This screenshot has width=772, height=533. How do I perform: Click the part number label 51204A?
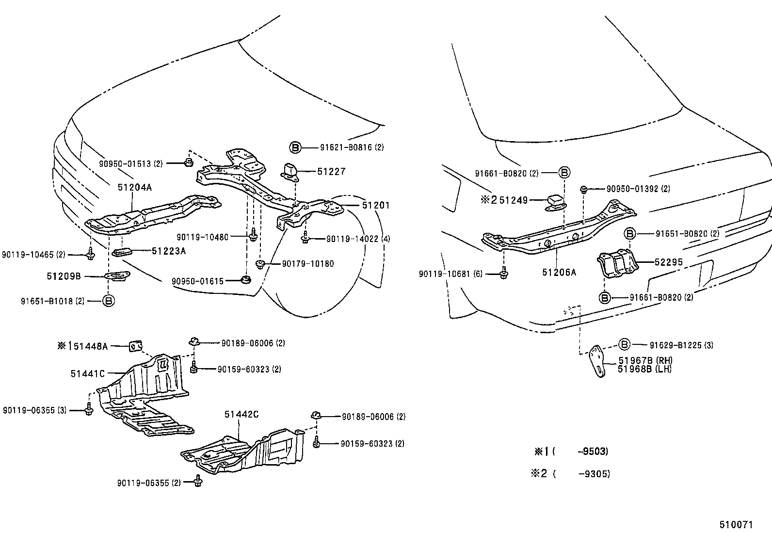(134, 187)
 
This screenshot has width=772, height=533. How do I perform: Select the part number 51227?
(331, 171)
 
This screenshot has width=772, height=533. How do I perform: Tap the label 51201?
(375, 205)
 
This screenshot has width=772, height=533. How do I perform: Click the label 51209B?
(64, 276)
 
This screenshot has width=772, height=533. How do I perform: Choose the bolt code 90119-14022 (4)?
(358, 239)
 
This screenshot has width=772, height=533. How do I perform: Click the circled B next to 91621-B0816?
(295, 147)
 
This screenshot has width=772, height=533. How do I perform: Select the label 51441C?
(87, 373)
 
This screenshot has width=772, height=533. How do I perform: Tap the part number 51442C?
(241, 414)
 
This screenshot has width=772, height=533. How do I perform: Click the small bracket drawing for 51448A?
(136, 346)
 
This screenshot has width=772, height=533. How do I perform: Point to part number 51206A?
(559, 273)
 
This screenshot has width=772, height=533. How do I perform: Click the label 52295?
(668, 262)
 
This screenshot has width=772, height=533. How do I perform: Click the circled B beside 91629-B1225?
(625, 345)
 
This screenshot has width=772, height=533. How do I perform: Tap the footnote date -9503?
(593, 452)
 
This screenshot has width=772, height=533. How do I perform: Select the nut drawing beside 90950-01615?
(246, 280)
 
